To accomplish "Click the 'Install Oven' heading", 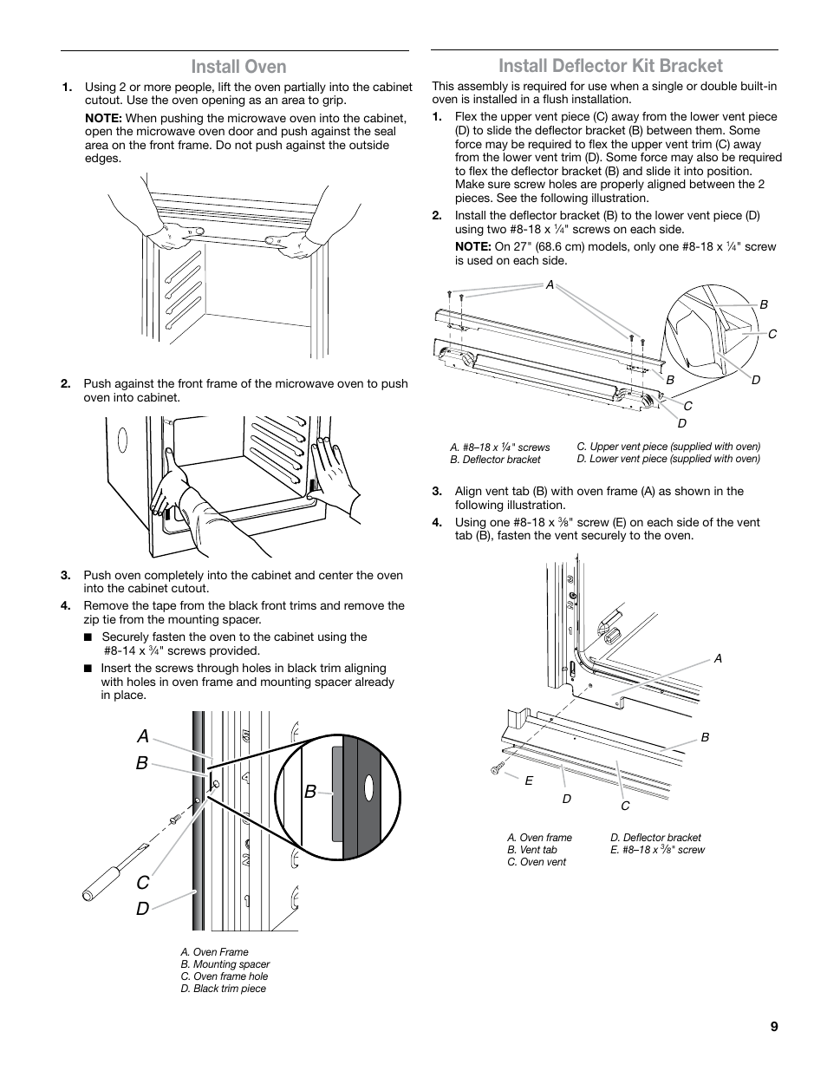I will [x=238, y=67].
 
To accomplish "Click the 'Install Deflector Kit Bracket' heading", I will [x=610, y=66].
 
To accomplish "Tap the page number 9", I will [x=773, y=1027].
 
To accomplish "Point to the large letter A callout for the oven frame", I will [x=142, y=735].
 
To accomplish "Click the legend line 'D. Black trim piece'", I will [x=224, y=989].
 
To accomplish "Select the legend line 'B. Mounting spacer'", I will [x=225, y=964].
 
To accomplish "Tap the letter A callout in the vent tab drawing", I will [x=718, y=659].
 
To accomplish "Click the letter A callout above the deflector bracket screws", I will [x=549, y=284].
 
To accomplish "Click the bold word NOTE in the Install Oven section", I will [x=101, y=118].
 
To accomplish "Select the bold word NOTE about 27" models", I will [x=472, y=247].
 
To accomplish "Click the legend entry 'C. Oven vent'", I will [x=537, y=862].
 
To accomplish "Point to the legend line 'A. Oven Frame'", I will [x=215, y=952].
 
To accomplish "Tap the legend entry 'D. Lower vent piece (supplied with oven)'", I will [x=668, y=459].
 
